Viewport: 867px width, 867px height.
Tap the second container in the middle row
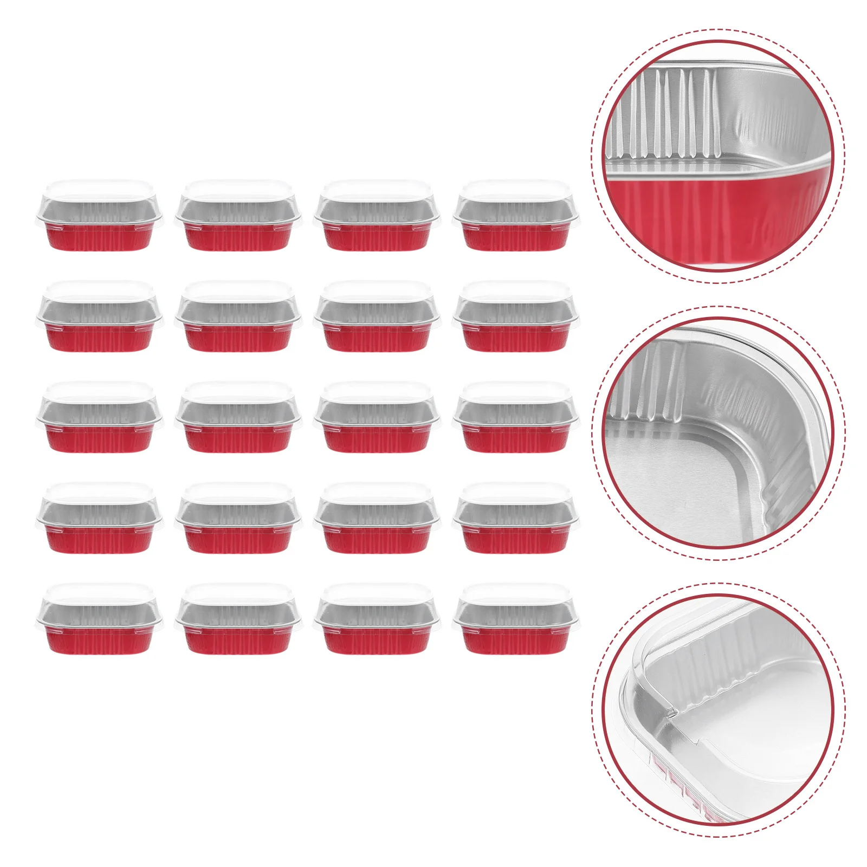coord(238,418)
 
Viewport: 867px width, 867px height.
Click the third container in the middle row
coord(377,418)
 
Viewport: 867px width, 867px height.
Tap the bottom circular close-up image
coord(717,710)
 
